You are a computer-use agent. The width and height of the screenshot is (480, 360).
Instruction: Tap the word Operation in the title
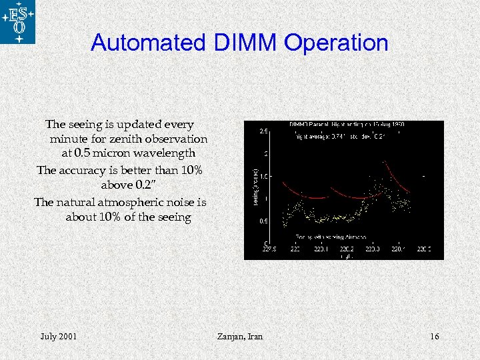(335, 43)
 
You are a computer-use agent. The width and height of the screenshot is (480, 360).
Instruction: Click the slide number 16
(434, 337)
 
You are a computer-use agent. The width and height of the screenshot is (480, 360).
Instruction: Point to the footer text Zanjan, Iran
(240, 337)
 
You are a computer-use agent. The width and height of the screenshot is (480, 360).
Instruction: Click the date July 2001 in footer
(58, 337)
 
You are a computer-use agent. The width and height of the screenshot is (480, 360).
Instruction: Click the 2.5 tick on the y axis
(264, 131)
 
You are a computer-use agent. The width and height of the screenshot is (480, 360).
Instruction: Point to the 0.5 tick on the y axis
(264, 221)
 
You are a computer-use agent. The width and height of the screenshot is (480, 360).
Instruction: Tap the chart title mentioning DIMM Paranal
(346, 125)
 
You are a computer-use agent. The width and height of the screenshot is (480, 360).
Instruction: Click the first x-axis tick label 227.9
(269, 250)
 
